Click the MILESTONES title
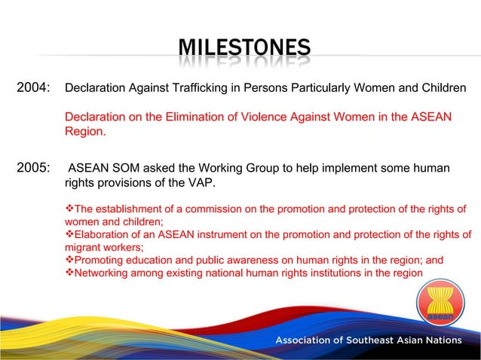pos(244,49)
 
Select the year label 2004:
pos(33,88)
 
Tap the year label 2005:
pos(33,168)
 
